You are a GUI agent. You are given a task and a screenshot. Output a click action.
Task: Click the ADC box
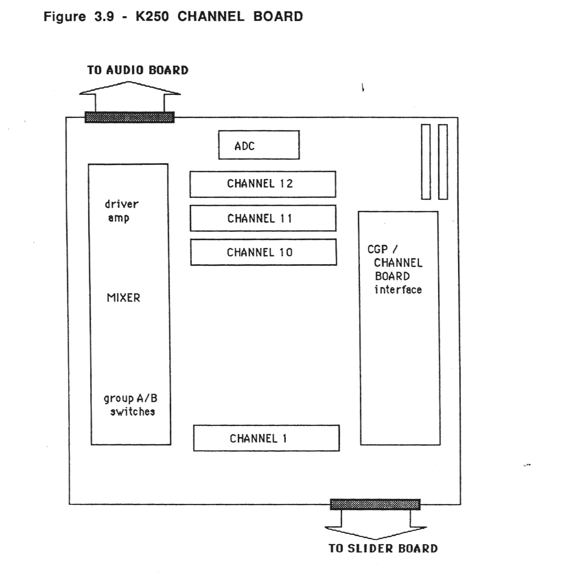pyautogui.click(x=259, y=145)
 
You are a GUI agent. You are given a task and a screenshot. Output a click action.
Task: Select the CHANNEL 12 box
pyautogui.click(x=263, y=184)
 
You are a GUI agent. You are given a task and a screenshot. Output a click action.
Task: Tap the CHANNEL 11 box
pyautogui.click(x=263, y=218)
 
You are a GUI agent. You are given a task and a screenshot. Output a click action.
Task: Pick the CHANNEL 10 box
pyautogui.click(x=263, y=252)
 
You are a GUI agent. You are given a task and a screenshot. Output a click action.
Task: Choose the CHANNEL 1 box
pyautogui.click(x=266, y=438)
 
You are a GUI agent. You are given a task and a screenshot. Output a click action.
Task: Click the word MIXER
pyautogui.click(x=123, y=298)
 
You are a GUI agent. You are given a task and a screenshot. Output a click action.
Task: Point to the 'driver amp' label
pyautogui.click(x=121, y=211)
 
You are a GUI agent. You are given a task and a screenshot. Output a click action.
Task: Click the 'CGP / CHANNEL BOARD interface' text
pyautogui.click(x=395, y=269)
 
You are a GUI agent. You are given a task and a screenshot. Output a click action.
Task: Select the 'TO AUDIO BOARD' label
pyautogui.click(x=138, y=70)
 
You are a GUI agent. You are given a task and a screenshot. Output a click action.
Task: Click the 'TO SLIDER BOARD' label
pyautogui.click(x=383, y=548)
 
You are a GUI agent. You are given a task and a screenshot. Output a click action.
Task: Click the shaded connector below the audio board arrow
pyautogui.click(x=130, y=117)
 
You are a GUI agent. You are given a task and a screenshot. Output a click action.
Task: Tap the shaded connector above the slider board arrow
pyautogui.click(x=375, y=504)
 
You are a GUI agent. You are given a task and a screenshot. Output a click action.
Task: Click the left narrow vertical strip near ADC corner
pyautogui.click(x=426, y=162)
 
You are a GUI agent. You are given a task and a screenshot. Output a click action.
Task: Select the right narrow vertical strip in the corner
pyautogui.click(x=443, y=162)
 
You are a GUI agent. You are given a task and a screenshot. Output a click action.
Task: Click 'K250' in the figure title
pyautogui.click(x=152, y=17)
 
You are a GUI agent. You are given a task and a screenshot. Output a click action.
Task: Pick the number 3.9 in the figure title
pyautogui.click(x=104, y=17)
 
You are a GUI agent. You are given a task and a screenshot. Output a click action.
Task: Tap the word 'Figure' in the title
pyautogui.click(x=65, y=17)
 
